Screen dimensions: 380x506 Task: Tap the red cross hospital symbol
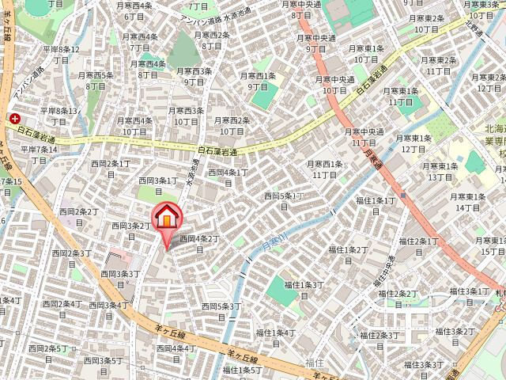tap(14, 119)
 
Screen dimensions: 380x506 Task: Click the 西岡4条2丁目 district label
tap(198, 243)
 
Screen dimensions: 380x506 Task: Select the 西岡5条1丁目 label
tap(283, 201)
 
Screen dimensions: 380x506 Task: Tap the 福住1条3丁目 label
tap(304, 290)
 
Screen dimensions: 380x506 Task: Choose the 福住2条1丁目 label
tap(419, 246)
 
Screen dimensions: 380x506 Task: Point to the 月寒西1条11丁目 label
tap(325, 169)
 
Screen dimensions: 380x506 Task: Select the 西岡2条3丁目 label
tap(71, 259)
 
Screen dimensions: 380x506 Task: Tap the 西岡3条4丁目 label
tap(109, 310)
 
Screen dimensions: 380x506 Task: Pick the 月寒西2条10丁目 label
tap(233, 126)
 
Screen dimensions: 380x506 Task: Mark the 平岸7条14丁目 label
tap(39, 154)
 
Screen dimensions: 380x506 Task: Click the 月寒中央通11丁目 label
tap(363, 137)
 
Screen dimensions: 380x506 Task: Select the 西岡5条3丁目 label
tap(221, 311)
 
